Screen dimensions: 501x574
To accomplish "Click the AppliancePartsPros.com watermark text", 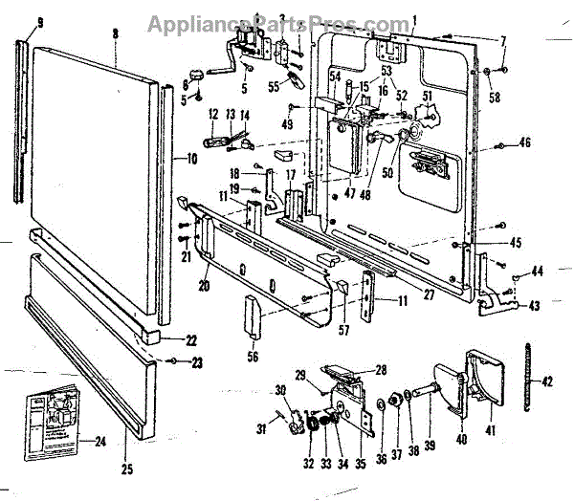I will tap(286, 20).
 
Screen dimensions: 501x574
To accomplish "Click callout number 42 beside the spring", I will tap(547, 381).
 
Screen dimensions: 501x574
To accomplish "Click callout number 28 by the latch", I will tap(380, 370).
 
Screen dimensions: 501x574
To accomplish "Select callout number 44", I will tap(537, 272).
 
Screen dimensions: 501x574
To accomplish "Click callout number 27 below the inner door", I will tap(428, 294).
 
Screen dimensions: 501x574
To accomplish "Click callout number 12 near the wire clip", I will tap(213, 114).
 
